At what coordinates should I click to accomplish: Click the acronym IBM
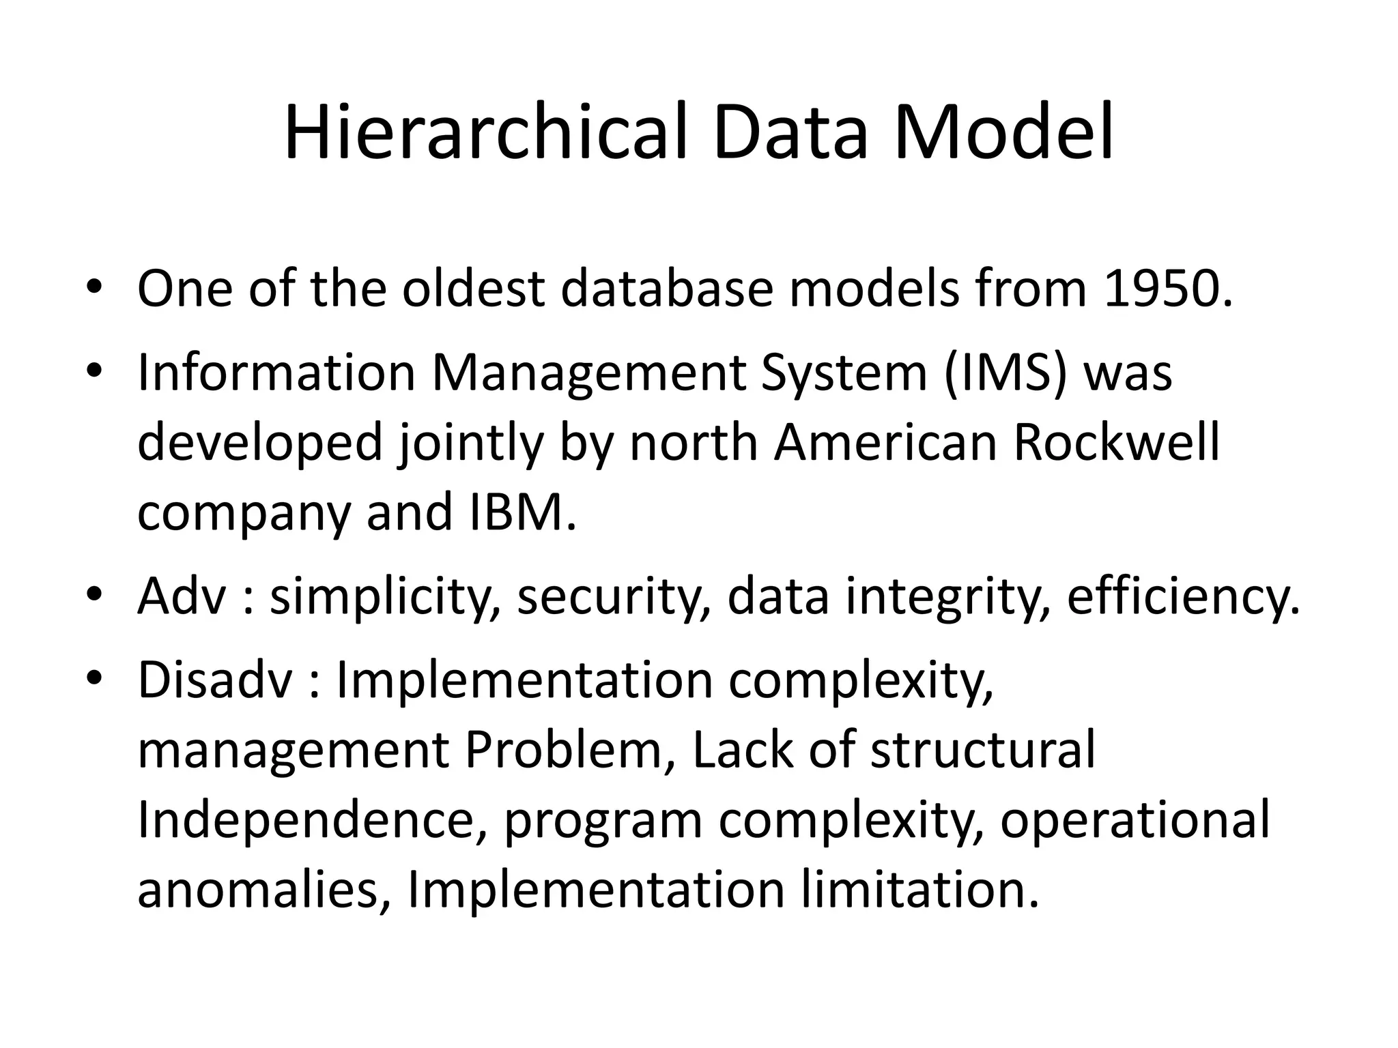522,512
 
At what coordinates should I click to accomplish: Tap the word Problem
570,751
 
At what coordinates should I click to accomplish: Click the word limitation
919,890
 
